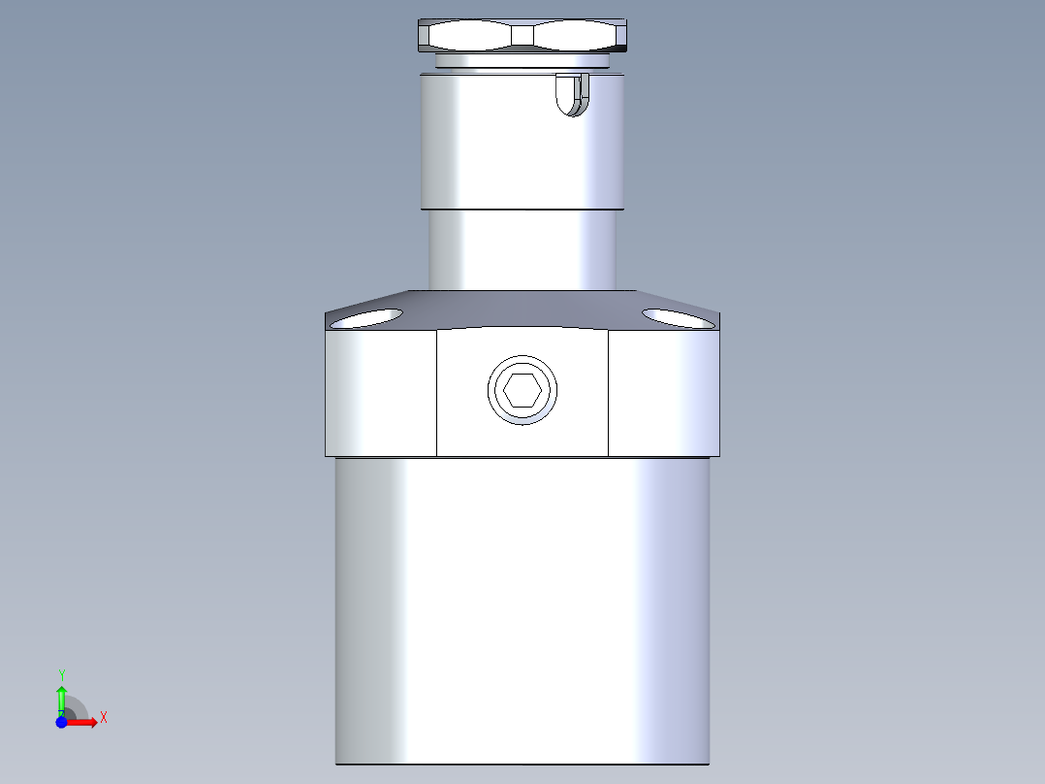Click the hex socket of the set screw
[x=522, y=390]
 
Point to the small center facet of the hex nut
[x=522, y=36]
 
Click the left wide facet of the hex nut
[x=469, y=36]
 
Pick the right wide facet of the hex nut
[x=576, y=36]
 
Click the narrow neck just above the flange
[x=522, y=249]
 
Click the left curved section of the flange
[x=380, y=393]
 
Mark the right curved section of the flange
[x=665, y=393]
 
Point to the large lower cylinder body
[x=522, y=611]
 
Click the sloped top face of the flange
[x=522, y=308]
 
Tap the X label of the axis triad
[x=104, y=718]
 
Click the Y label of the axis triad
[x=61, y=674]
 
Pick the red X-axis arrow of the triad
[x=82, y=722]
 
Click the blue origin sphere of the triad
[x=61, y=722]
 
